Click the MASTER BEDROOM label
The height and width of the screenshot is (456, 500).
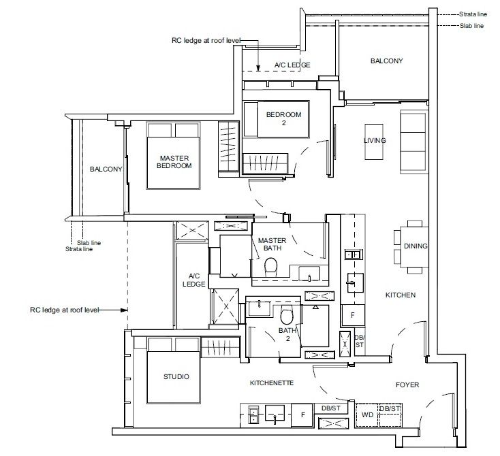(174, 162)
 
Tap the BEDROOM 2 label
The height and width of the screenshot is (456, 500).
(284, 118)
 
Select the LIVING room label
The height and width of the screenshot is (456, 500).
(375, 140)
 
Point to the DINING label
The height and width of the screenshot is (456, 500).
(416, 246)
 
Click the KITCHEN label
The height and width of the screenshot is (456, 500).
(401, 295)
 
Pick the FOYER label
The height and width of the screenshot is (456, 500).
(407, 385)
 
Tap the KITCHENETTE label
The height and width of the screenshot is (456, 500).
(272, 383)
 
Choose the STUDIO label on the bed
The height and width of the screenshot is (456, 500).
(176, 376)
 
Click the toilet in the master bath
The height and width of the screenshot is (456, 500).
(271, 265)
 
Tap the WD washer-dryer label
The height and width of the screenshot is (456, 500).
(367, 415)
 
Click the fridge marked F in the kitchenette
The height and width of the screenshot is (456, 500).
(302, 415)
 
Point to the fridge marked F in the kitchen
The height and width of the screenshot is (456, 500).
(353, 315)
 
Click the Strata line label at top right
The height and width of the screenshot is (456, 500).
(473, 14)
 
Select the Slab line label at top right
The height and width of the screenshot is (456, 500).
(471, 26)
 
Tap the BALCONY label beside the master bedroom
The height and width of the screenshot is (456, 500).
(106, 169)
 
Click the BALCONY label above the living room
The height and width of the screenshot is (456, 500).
(386, 61)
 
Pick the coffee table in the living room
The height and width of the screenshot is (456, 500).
(374, 142)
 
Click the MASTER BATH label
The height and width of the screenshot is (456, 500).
(272, 244)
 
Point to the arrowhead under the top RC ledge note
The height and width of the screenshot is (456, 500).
(258, 68)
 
